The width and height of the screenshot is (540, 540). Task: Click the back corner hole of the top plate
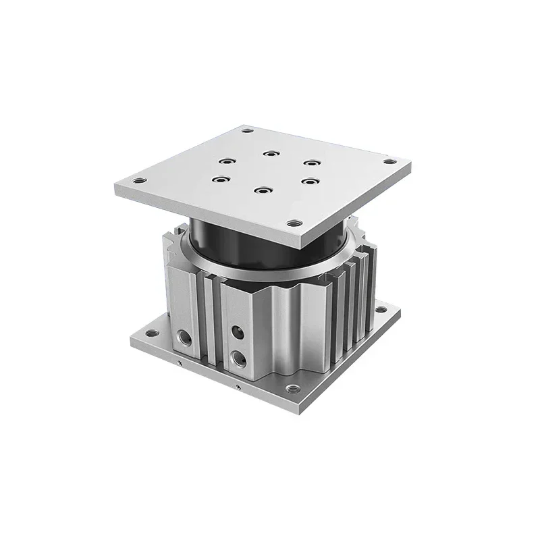click(248, 130)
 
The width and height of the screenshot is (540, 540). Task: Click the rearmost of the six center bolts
click(271, 154)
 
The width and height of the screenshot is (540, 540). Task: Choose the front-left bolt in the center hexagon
click(218, 179)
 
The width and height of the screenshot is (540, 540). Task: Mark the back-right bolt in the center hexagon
click(310, 163)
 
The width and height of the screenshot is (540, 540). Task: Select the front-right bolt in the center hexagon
click(309, 181)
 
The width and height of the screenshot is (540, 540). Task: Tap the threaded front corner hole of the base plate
click(292, 388)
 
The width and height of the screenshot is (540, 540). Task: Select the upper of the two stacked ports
click(237, 331)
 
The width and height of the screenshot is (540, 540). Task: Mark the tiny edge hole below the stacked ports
click(238, 387)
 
